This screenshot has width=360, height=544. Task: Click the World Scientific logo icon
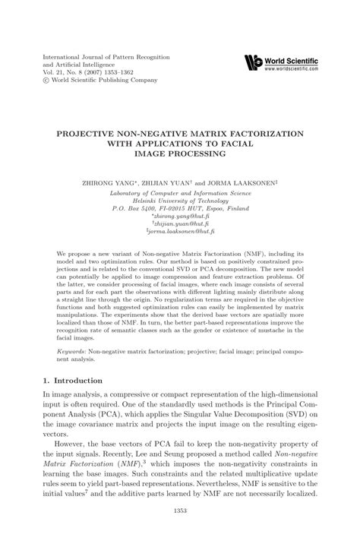[x=252, y=63]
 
